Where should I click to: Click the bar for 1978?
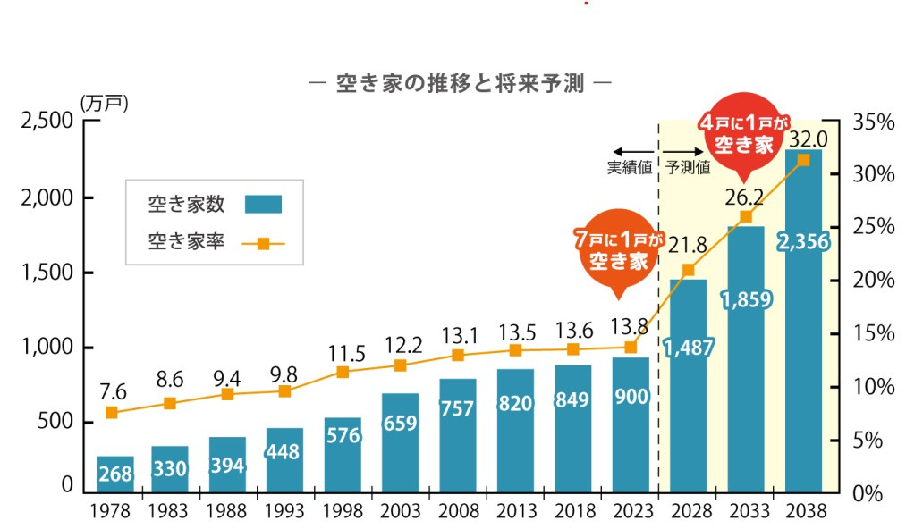(x=115, y=474)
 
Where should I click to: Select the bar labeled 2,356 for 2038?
(x=803, y=322)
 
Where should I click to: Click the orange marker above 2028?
(x=688, y=270)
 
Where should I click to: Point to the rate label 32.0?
(x=807, y=139)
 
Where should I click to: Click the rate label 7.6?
(x=112, y=390)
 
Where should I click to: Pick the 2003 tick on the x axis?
(x=400, y=513)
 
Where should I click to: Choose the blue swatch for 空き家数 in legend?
(x=263, y=205)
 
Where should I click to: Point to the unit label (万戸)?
(x=105, y=103)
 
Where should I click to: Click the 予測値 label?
(x=688, y=167)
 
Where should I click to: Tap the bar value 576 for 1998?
(x=343, y=437)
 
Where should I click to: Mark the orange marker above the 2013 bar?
(x=514, y=350)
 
